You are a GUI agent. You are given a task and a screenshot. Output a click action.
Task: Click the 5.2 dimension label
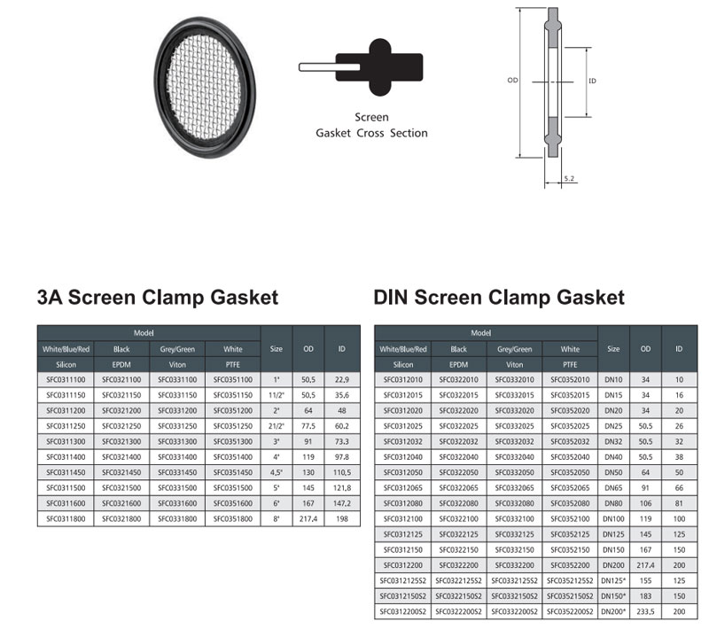569,178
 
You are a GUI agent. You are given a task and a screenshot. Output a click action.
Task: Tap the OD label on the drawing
512,80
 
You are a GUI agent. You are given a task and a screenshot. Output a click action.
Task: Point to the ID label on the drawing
592,81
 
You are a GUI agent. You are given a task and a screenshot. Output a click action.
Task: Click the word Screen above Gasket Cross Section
371,117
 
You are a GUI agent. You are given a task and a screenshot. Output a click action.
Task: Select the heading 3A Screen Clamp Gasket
158,298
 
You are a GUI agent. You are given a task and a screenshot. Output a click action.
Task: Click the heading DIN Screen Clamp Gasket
499,298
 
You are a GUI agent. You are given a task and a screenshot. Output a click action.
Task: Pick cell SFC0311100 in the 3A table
66,379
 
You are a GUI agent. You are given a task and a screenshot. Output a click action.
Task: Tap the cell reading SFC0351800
233,519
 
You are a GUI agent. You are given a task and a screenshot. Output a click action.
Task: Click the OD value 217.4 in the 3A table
308,519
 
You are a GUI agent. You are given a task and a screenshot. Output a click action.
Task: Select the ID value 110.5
342,472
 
